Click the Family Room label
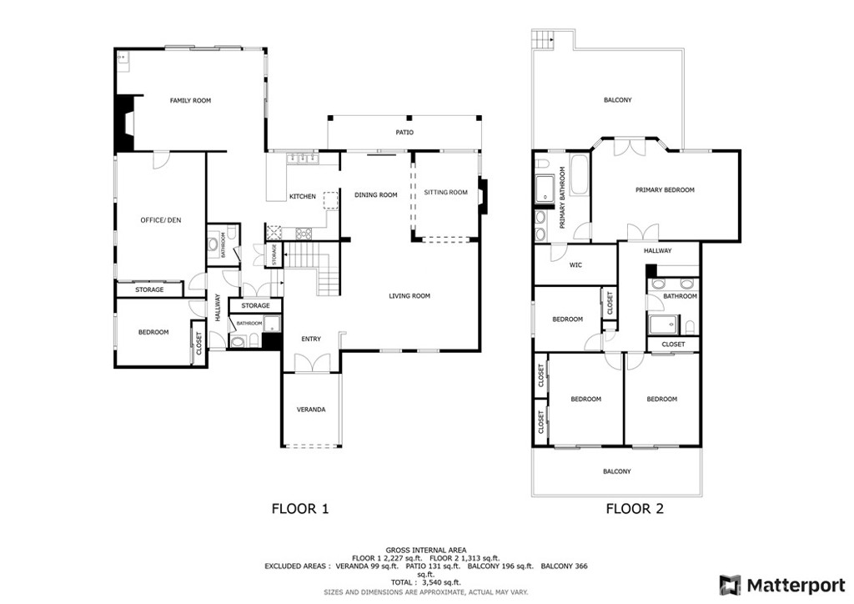(x=190, y=100)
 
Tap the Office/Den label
(x=161, y=220)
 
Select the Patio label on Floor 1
(x=404, y=133)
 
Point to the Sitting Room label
(x=445, y=192)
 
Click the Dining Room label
(x=376, y=195)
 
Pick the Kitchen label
(x=302, y=197)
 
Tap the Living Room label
(x=409, y=295)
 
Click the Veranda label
(x=311, y=410)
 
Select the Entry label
(x=311, y=339)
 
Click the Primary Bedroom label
(x=665, y=190)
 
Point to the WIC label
(x=575, y=265)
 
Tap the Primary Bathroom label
(x=563, y=197)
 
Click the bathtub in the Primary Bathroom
(x=579, y=175)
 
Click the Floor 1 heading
(x=300, y=509)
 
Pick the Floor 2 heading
(x=635, y=509)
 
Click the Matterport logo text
(x=796, y=586)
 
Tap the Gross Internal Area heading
(x=426, y=551)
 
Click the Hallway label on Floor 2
(x=657, y=251)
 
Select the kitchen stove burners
(x=304, y=234)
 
